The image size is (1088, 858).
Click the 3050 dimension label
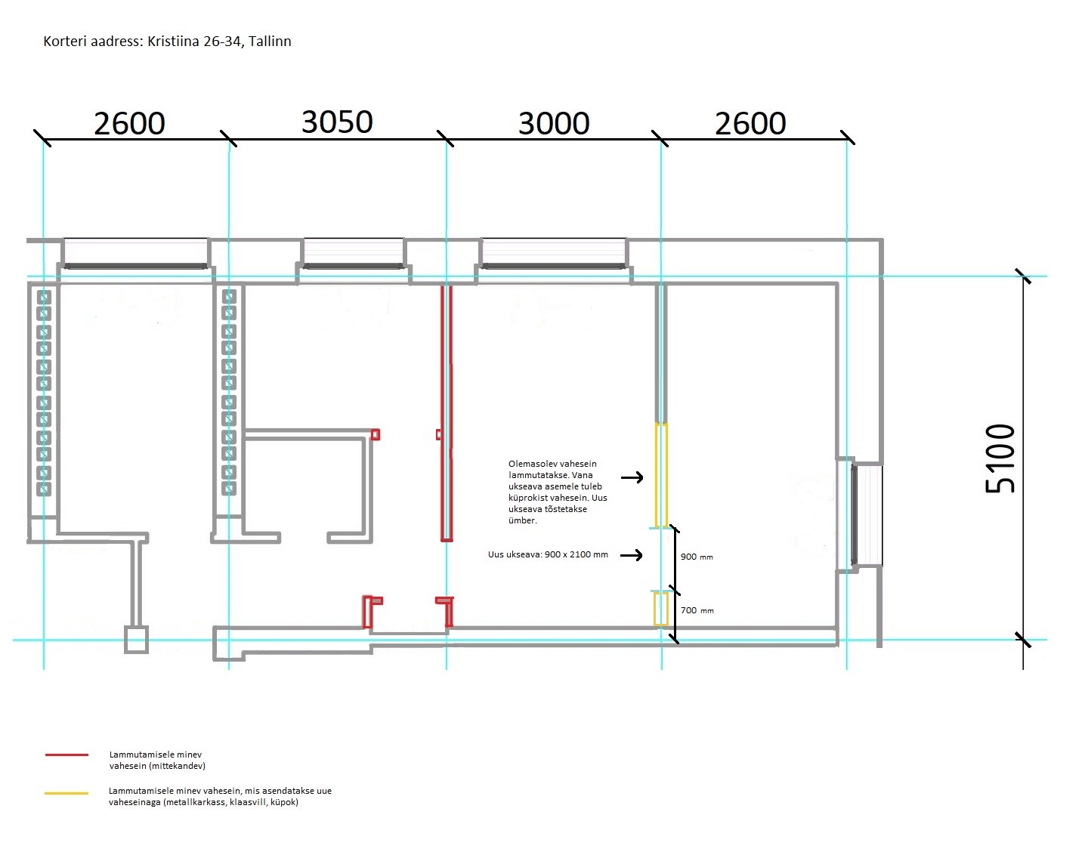pos(337,122)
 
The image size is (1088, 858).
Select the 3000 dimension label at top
pos(554,124)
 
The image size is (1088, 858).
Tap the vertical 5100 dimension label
pos(1000,458)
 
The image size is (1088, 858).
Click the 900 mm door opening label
pos(696,557)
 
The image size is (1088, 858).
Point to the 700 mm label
pos(697,610)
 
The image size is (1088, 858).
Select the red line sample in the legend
pos(66,755)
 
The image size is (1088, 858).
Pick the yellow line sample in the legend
pos(66,793)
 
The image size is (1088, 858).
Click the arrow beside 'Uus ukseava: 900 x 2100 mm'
pos(631,555)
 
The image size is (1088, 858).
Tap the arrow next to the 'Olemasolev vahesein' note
pos(632,477)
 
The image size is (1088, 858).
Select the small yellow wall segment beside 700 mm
pos(660,609)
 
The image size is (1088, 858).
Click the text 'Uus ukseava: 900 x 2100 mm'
pos(548,554)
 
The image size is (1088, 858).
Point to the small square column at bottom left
pos(136,640)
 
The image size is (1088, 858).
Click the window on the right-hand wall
pos(867,516)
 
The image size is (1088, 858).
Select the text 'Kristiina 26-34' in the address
pos(196,42)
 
